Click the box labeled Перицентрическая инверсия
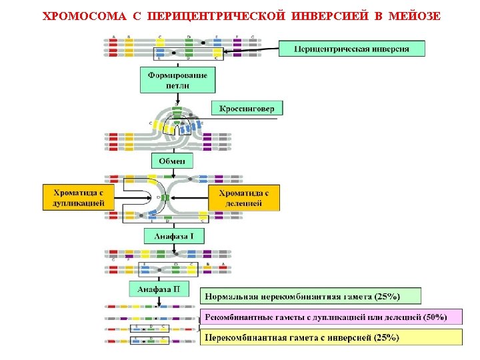click(x=351, y=49)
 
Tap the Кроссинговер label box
click(x=247, y=109)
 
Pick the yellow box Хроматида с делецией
click(x=243, y=197)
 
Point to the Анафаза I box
click(x=174, y=236)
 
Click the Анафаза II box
click(x=159, y=289)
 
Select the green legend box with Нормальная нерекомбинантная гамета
click(x=311, y=296)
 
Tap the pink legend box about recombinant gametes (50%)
click(x=331, y=317)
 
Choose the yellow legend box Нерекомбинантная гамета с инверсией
click(x=331, y=337)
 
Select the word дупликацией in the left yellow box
click(x=78, y=203)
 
